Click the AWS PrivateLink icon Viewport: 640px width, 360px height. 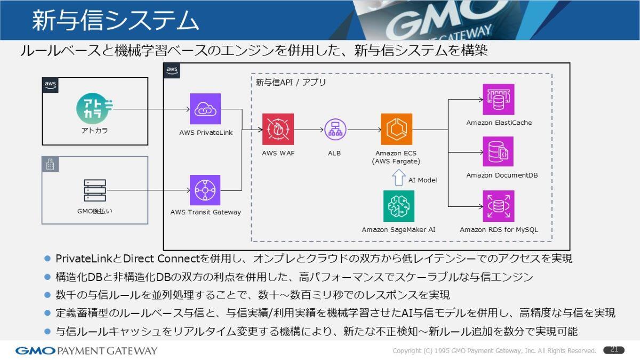205,109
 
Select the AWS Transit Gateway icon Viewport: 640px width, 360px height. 205,190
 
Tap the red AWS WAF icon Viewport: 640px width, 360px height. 277,129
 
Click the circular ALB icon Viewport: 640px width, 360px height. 335,129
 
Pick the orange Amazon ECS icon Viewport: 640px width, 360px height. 396,129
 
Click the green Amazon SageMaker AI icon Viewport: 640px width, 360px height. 398,206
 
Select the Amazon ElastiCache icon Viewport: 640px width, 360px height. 499,99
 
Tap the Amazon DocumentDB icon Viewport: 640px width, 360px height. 499,152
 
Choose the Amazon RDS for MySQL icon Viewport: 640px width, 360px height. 499,206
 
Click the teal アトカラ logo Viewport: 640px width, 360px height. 93,108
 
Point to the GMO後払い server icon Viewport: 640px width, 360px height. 95,190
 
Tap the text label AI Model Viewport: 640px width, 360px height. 422,180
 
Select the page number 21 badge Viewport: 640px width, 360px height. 614,350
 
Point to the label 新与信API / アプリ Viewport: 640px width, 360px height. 291,83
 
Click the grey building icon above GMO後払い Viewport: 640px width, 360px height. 50,165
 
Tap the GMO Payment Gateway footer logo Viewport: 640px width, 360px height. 86,350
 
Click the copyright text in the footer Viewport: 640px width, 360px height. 494,350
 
